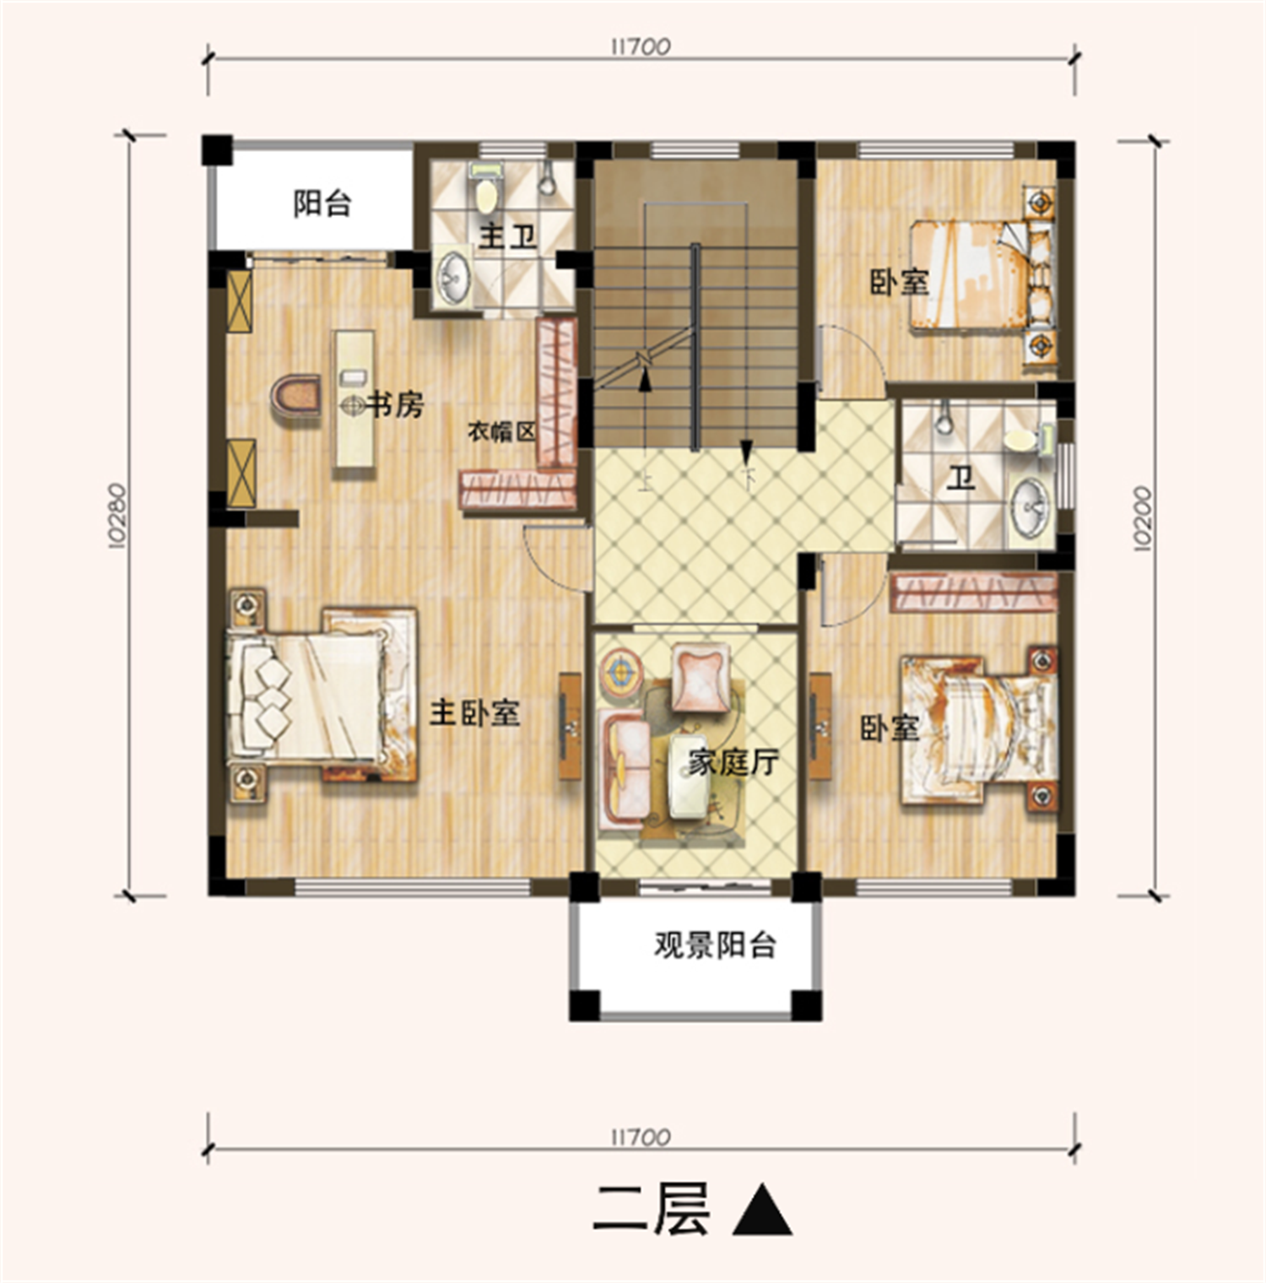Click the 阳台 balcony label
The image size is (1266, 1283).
322,203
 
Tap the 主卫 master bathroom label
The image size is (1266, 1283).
508,236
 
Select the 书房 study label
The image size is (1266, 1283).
393,405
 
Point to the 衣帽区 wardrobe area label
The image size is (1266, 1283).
502,432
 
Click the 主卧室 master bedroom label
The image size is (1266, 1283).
475,714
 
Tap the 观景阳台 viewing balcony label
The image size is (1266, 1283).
715,945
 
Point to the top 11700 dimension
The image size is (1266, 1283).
641,46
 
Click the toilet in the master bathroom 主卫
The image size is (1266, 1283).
485,189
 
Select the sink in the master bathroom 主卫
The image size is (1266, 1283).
453,273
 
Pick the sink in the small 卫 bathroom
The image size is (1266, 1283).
1030,506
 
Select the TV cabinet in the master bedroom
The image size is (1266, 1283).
571,726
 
